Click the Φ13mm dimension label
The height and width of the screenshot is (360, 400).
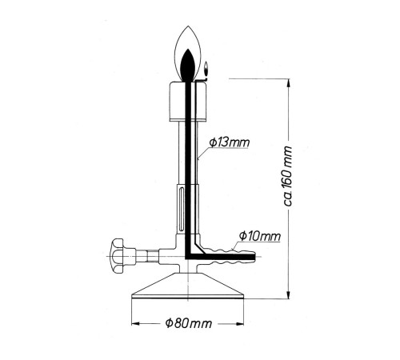click(230, 142)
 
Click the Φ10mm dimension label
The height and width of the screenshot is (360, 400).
click(260, 236)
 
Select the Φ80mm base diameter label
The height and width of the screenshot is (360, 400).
click(189, 323)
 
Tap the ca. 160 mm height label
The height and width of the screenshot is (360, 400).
click(288, 176)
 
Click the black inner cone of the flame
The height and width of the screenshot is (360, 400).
click(189, 66)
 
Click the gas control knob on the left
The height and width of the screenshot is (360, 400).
click(118, 256)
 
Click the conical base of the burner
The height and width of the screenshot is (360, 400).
click(188, 289)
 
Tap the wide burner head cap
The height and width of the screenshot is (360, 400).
click(188, 102)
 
